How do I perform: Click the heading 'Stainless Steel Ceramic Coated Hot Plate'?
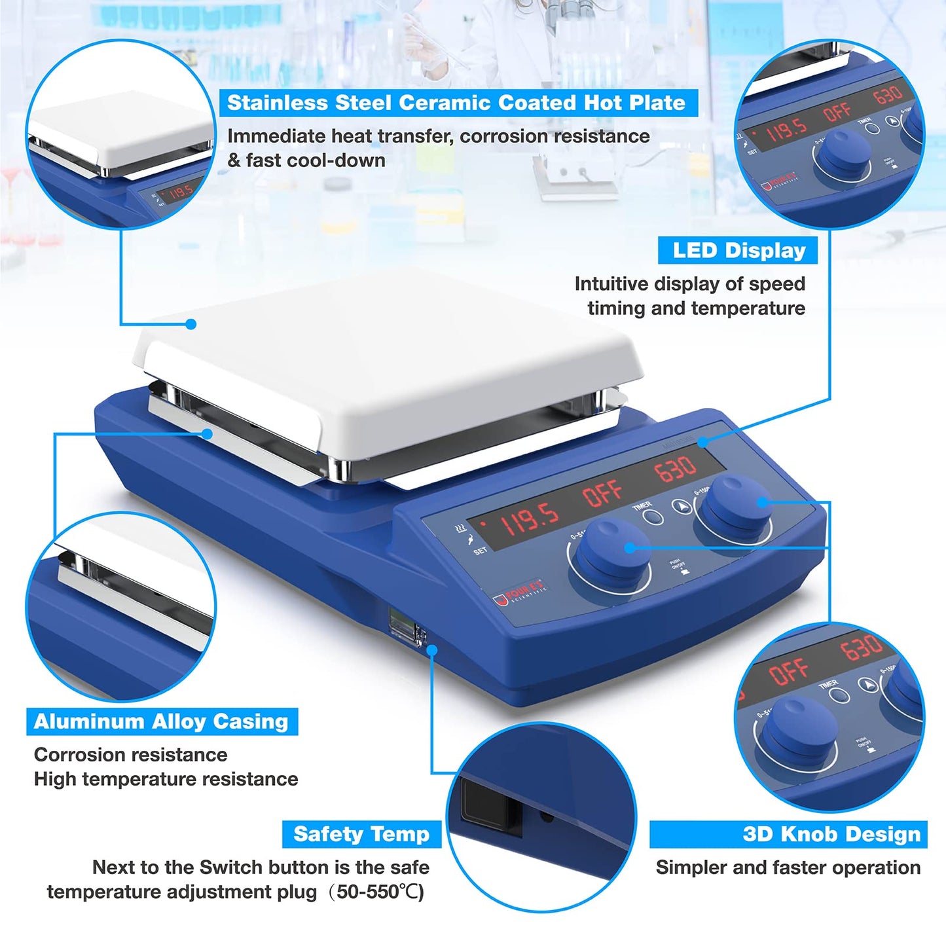456,103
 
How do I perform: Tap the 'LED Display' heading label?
738,251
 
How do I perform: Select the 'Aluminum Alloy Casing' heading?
161,721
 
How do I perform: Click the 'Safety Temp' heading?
361,834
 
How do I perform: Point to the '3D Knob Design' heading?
831,834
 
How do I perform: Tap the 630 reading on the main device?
674,467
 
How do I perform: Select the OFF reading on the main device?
602,493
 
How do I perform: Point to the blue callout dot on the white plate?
191,323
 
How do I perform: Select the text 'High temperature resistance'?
166,779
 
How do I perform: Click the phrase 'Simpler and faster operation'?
788,867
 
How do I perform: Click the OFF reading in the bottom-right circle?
789,671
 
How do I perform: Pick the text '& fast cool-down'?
306,160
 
